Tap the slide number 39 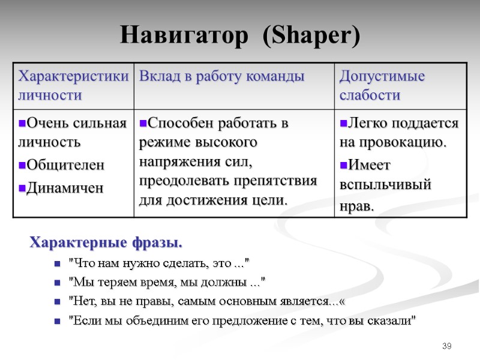(x=446, y=346)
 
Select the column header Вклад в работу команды (x=222, y=76)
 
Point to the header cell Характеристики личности (x=73, y=85)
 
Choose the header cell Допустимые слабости (x=382, y=85)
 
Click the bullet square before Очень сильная (x=21, y=124)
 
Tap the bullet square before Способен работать (x=143, y=124)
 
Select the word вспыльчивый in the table (x=385, y=185)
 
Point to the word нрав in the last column (x=356, y=206)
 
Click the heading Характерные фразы (x=106, y=244)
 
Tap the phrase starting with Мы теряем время (x=167, y=282)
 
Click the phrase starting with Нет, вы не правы (x=208, y=301)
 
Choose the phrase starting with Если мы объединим (x=242, y=321)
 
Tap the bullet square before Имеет (x=343, y=165)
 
